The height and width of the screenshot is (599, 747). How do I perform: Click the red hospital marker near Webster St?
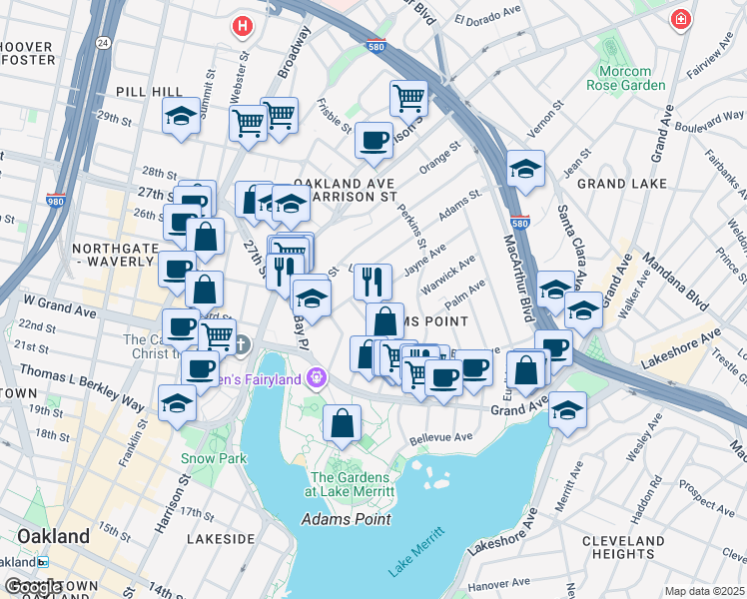coord(241,25)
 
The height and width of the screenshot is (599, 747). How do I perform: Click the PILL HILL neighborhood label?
coord(149,92)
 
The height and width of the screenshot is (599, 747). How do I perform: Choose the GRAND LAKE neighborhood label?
coord(621,184)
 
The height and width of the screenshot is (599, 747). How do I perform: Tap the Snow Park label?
coord(214,458)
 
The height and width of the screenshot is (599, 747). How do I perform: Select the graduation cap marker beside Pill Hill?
coord(181,116)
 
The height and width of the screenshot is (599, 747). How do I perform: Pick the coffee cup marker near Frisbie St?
coord(373,141)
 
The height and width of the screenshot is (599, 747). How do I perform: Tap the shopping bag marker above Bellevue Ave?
coord(342,423)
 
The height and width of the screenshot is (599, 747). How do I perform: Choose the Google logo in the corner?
coord(33,587)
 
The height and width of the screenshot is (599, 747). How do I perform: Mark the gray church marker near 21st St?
coord(243,344)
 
